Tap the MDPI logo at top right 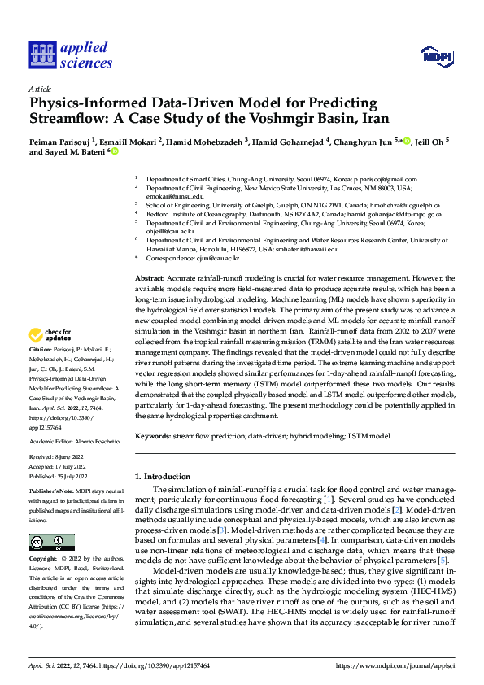tap(434, 55)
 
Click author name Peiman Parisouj tap(59, 140)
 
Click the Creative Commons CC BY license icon tap(51, 542)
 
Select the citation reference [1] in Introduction tap(328, 497)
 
